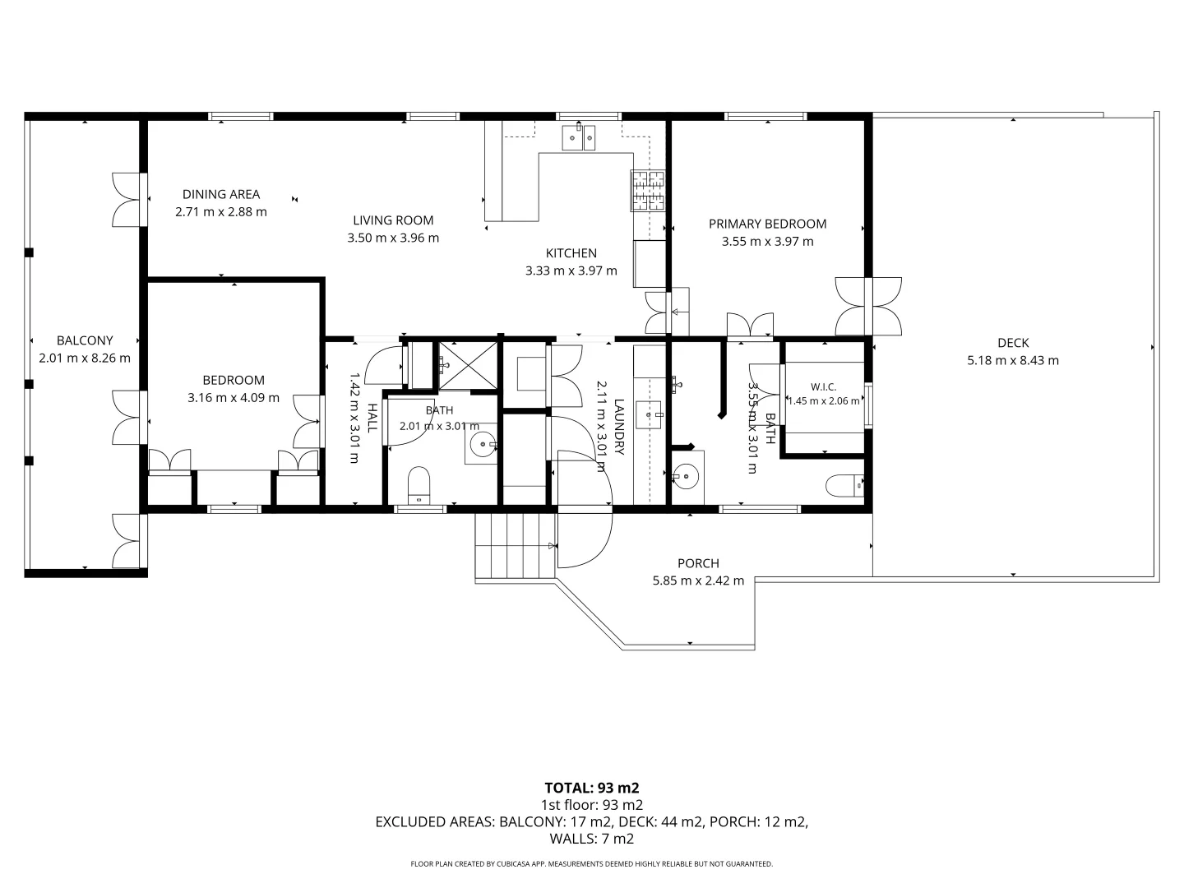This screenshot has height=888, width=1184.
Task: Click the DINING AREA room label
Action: (x=221, y=194)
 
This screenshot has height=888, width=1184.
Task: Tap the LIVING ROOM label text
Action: (x=393, y=220)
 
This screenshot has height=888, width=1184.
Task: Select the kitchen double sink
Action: (x=578, y=137)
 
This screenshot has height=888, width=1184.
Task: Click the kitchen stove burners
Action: (x=648, y=190)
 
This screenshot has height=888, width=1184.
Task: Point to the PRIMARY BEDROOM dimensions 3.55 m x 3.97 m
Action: (x=768, y=241)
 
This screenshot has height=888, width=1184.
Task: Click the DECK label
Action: (x=1013, y=342)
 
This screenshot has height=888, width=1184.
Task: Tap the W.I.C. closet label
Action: (x=823, y=386)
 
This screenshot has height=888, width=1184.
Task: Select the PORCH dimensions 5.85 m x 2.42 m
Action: (x=698, y=580)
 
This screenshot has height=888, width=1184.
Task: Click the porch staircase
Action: (x=516, y=546)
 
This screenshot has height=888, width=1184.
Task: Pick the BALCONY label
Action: (x=85, y=340)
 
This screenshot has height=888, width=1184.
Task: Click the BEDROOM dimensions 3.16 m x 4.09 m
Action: (x=234, y=397)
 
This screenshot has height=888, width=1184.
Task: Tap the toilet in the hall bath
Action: (x=419, y=485)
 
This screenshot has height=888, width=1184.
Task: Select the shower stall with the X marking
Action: (x=468, y=365)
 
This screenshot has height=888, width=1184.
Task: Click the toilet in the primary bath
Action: (x=844, y=485)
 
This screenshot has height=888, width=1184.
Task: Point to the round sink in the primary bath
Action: (x=686, y=477)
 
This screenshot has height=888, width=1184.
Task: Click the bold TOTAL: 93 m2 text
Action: (x=592, y=788)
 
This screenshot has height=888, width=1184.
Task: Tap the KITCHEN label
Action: (x=571, y=253)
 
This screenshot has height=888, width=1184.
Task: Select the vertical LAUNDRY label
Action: (x=619, y=426)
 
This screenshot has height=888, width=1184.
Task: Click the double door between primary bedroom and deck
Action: (x=868, y=306)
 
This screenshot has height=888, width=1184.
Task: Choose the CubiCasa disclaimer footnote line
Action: (x=592, y=863)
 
